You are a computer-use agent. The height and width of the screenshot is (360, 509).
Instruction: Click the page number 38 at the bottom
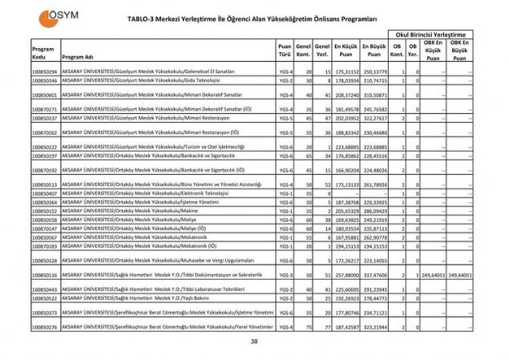pyautogui.click(x=254, y=342)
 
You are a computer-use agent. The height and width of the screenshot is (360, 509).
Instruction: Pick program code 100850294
pyautogui.click(x=45, y=72)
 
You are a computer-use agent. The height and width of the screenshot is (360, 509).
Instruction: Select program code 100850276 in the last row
pyautogui.click(x=45, y=327)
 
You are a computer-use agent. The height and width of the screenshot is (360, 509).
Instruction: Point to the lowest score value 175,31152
pyautogui.click(x=345, y=72)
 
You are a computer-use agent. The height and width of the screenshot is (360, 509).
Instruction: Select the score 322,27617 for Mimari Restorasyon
pyautogui.click(x=374, y=118)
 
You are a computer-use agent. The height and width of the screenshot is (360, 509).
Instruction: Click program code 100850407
pyautogui.click(x=45, y=193)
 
